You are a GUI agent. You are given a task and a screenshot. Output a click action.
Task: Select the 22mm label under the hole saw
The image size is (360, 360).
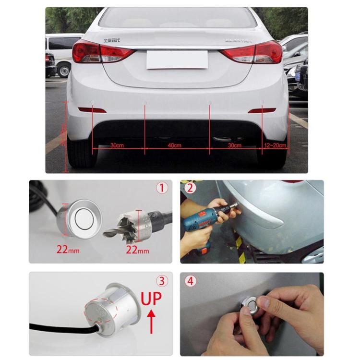137,250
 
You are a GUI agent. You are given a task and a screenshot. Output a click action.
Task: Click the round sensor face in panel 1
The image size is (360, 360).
83,218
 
